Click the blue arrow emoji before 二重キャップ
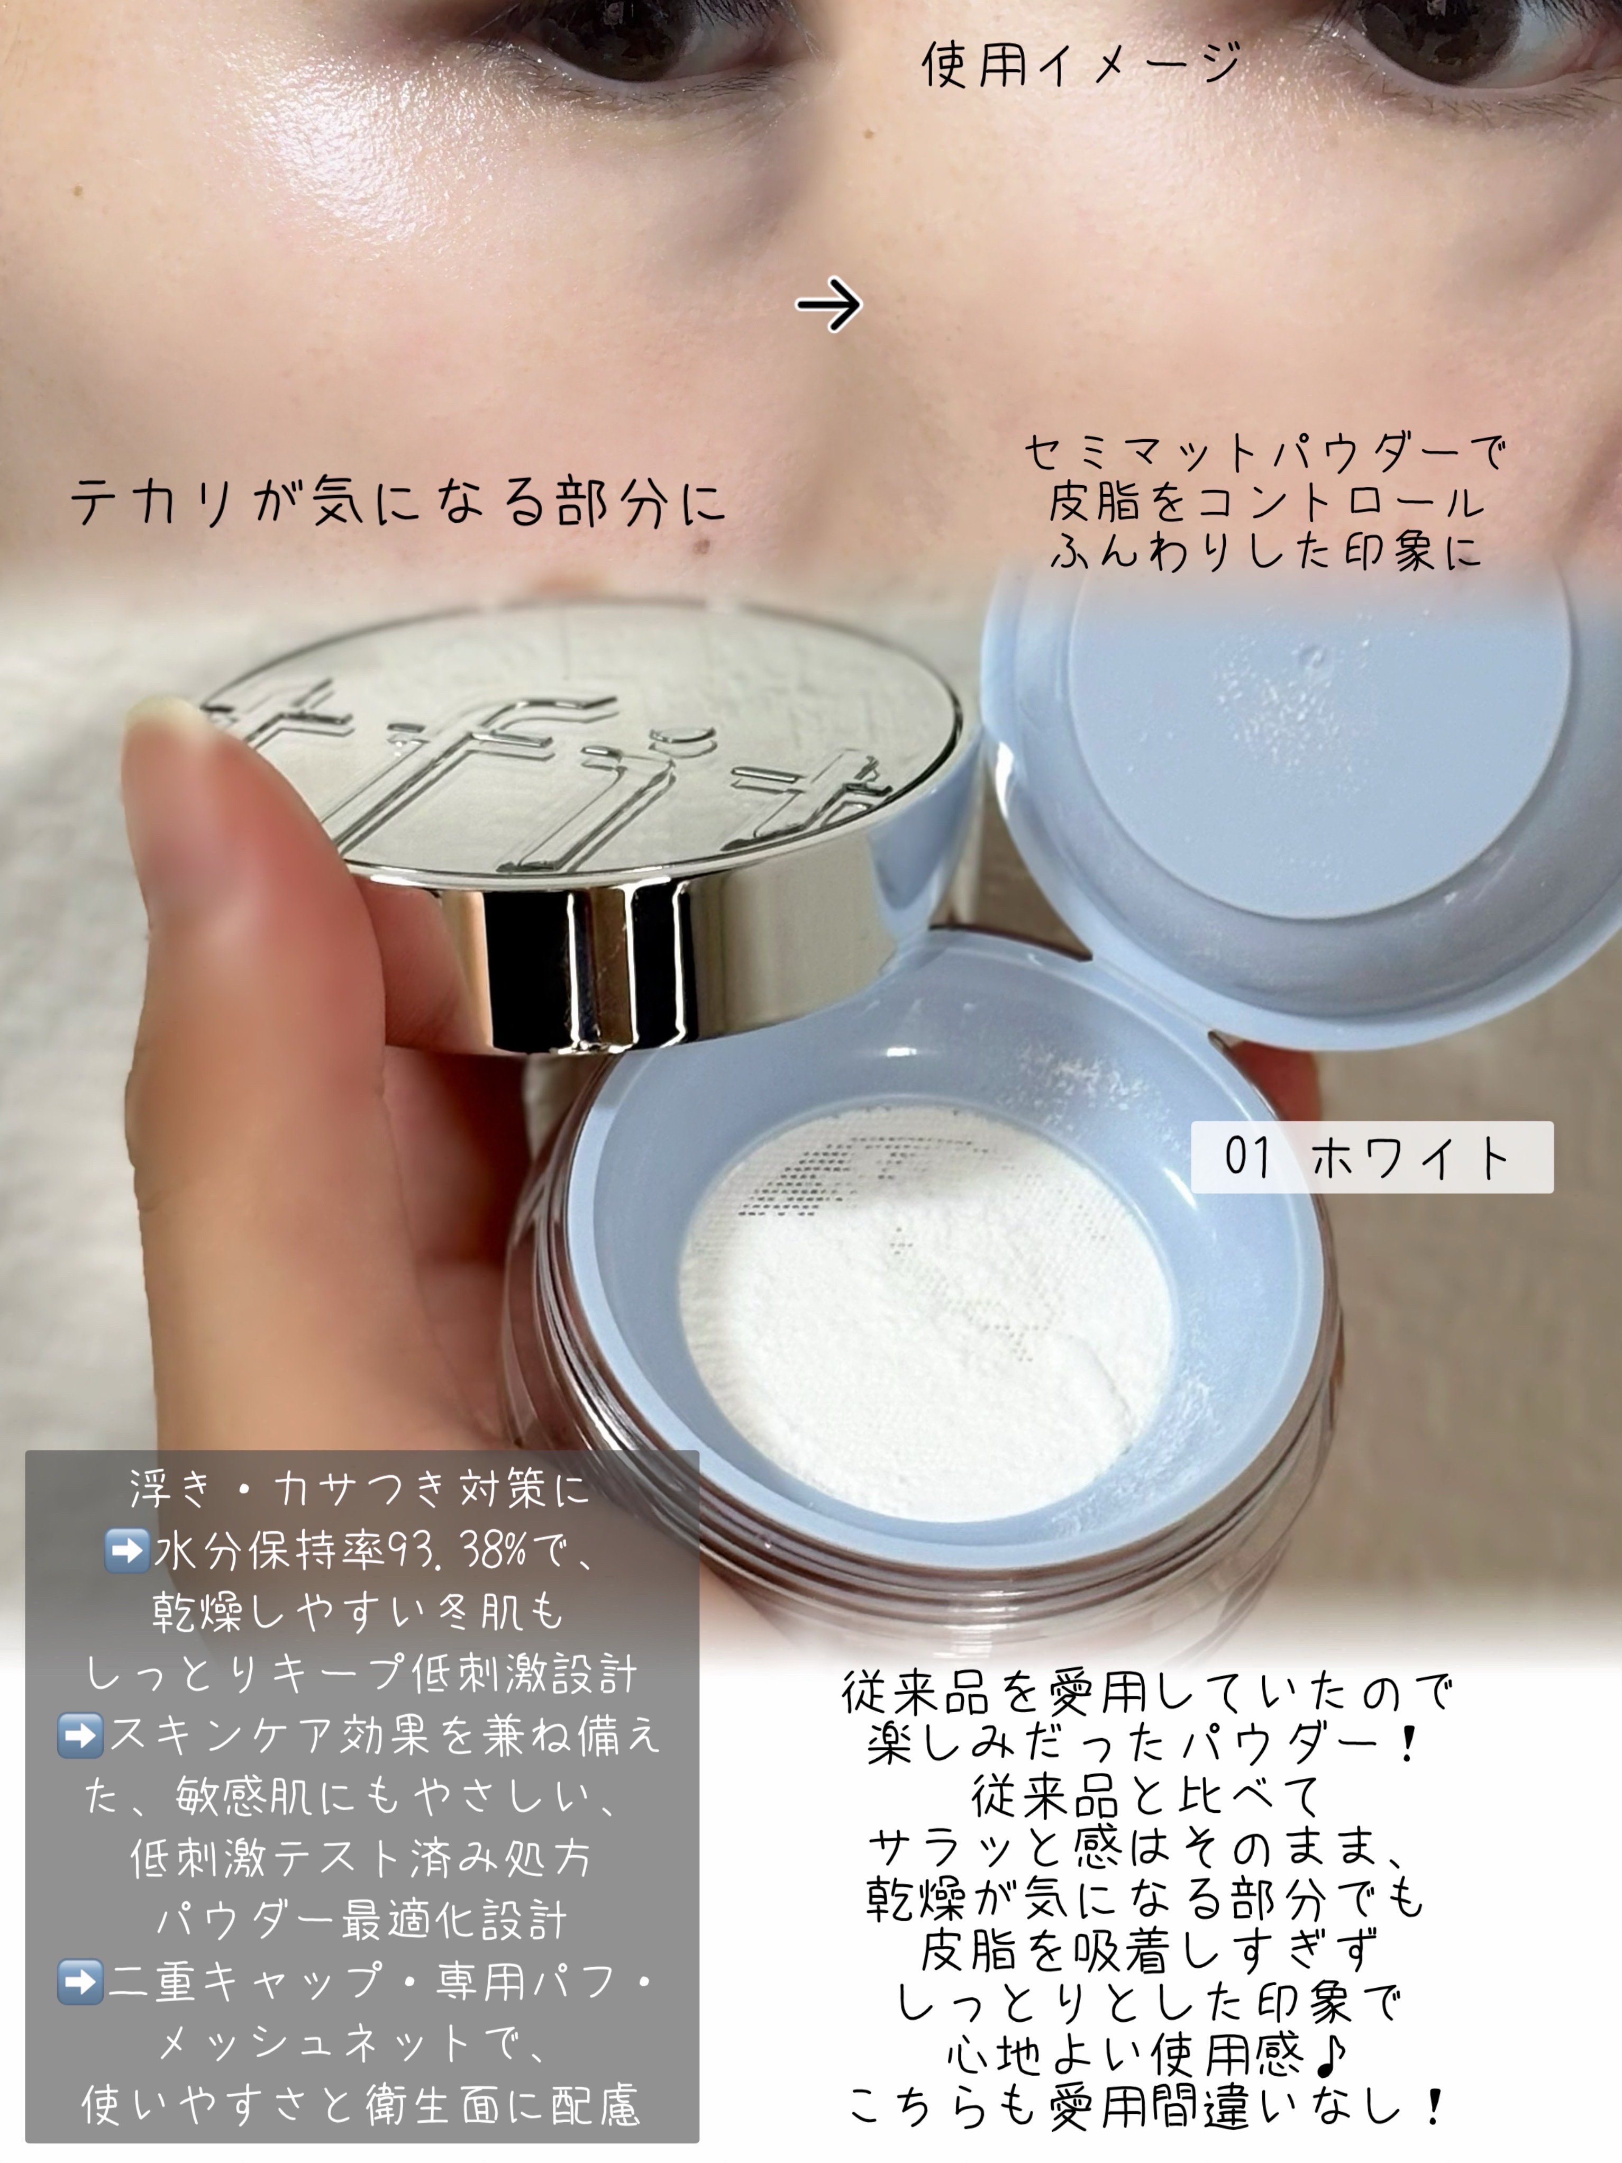[x=80, y=1982]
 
